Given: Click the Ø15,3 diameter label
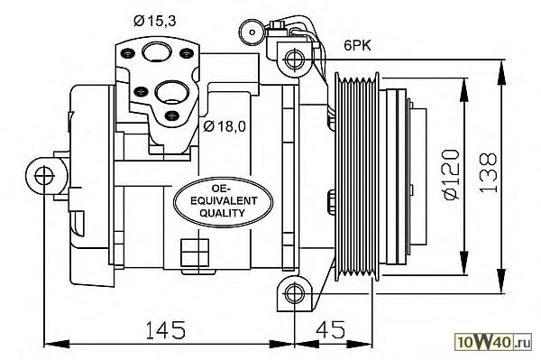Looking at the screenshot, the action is [x=155, y=22].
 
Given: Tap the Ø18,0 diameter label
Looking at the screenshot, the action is [x=225, y=126].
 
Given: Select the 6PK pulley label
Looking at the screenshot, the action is [x=357, y=45].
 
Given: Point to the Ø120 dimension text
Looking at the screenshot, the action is [x=452, y=175].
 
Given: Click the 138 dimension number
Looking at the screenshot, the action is [x=488, y=172].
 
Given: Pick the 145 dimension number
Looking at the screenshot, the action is [x=166, y=329].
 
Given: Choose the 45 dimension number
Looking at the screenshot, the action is [x=331, y=329].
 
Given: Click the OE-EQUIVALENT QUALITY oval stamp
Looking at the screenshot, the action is [x=223, y=201].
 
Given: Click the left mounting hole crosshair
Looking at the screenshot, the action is [x=45, y=175].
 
